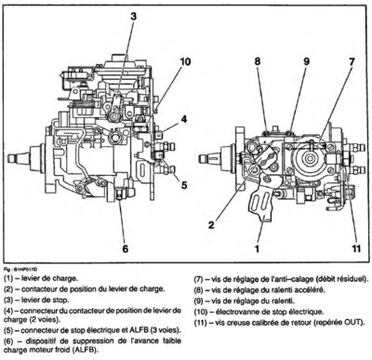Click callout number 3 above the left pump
point(133,16)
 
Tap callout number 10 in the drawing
point(185,61)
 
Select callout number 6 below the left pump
point(125,248)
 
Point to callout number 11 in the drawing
point(356,248)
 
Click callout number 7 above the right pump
point(352,61)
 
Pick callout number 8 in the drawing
point(258,61)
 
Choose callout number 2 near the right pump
point(211,225)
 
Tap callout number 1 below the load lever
point(257,248)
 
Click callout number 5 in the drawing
point(184,185)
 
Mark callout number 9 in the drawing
point(306,61)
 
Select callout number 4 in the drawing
point(184,119)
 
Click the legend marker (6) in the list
point(9,341)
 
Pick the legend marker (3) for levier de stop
point(9,300)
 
